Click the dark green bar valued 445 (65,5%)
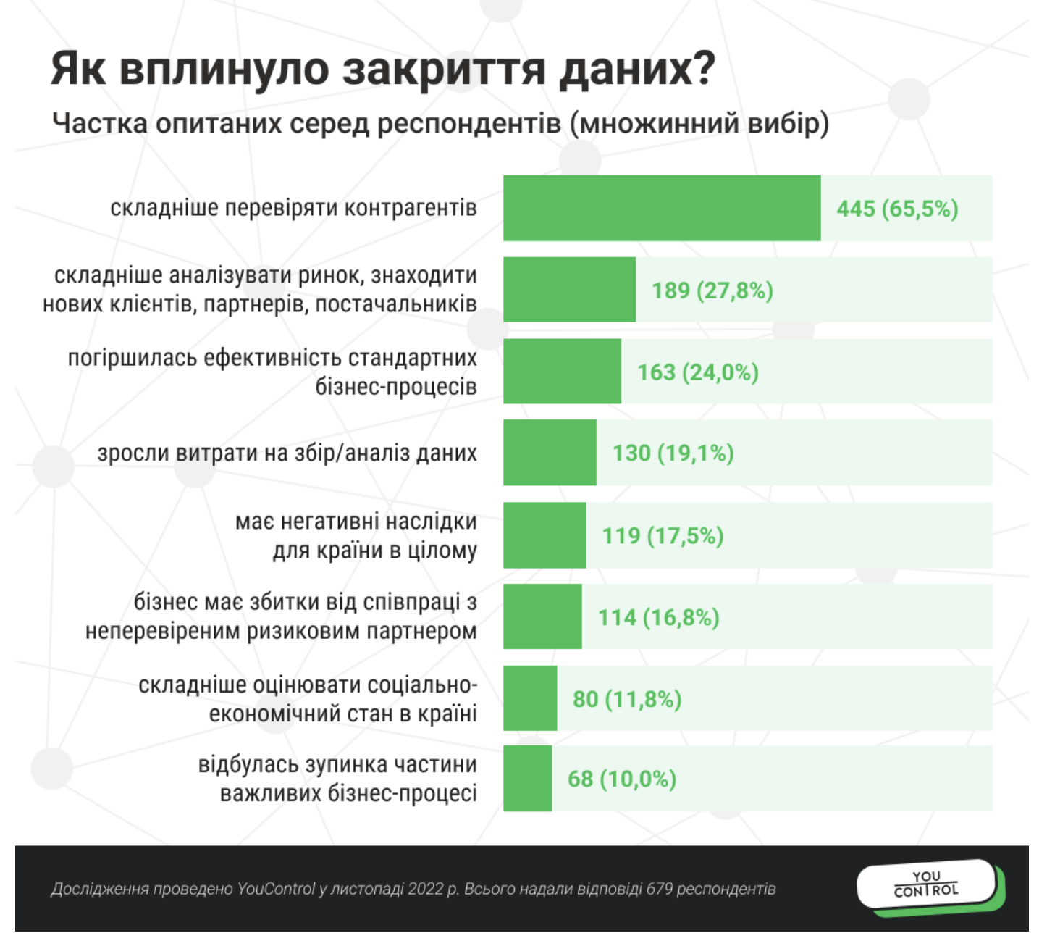(662, 208)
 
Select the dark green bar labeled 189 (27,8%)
(569, 290)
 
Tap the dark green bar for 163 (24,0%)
(562, 372)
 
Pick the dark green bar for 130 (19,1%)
(550, 453)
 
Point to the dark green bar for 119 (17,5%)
(544, 535)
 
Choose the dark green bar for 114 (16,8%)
(542, 617)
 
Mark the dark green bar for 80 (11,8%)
(530, 699)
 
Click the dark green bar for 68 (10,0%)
(527, 779)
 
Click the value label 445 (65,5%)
(897, 209)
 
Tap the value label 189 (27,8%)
(712, 290)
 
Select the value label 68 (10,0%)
(622, 779)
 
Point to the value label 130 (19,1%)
(673, 453)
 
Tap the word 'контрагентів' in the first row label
(410, 209)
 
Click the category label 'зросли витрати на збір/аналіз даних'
(287, 453)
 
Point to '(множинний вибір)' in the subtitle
(699, 123)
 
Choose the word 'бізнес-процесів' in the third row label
(396, 387)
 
